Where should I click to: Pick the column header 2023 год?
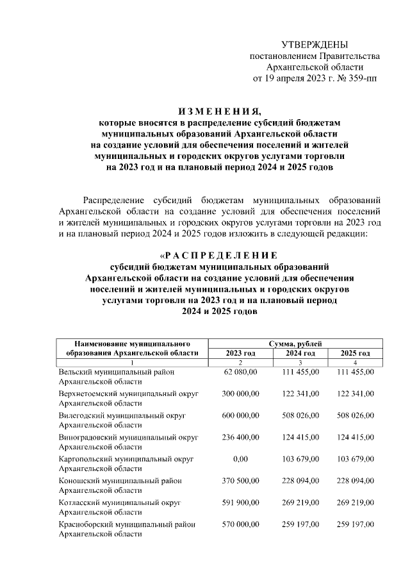[x=240, y=353]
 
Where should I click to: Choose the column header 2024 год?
[x=300, y=353]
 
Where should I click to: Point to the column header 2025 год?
[x=355, y=353]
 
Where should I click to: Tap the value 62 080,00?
[x=240, y=372]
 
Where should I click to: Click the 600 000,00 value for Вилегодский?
[x=240, y=415]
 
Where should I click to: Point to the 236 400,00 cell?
[x=240, y=437]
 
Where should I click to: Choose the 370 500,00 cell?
[x=240, y=481]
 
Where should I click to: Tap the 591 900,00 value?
[x=240, y=502]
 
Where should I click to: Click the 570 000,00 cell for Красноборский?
[x=240, y=524]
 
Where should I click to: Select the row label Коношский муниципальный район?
[x=119, y=481]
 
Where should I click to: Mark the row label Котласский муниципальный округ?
[x=119, y=502]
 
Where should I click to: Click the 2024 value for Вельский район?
[x=300, y=372]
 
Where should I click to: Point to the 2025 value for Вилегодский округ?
[x=355, y=415]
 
